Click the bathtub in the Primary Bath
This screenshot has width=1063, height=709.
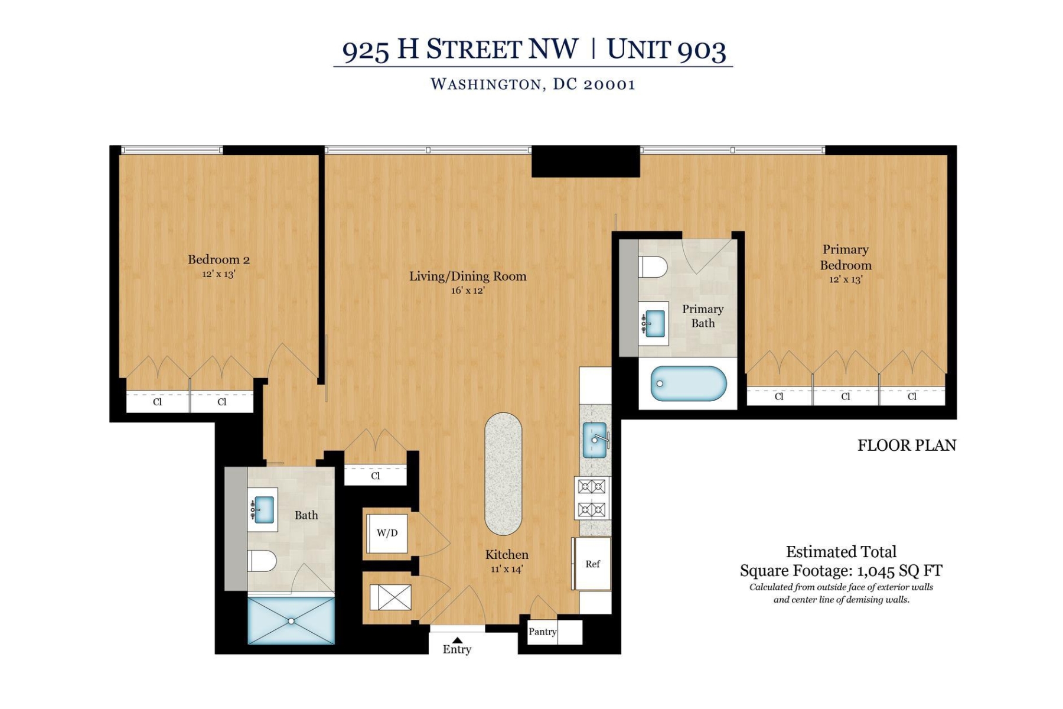tap(688, 383)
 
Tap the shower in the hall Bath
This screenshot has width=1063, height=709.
tap(291, 620)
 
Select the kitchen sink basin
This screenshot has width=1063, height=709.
tap(594, 440)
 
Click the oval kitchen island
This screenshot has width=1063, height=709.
tap(503, 474)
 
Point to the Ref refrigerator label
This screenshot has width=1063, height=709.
tap(592, 564)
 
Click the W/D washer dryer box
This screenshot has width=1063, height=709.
tap(387, 533)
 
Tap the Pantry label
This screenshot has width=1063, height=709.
tap(542, 632)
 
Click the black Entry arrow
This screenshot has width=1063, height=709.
tap(457, 640)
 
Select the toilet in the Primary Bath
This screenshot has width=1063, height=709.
tap(653, 267)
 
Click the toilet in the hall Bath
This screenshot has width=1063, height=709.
tap(262, 561)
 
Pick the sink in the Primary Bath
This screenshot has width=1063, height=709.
tap(654, 323)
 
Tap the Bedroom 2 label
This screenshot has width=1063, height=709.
tap(219, 259)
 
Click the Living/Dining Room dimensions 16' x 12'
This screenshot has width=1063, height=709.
tap(467, 291)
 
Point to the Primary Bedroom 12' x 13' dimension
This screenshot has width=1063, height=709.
tap(845, 279)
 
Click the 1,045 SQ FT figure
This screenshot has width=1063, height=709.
tap(899, 571)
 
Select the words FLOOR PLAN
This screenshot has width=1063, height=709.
tap(907, 445)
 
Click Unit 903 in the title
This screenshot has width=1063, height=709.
tap(666, 50)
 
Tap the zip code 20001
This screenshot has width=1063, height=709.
tap(609, 84)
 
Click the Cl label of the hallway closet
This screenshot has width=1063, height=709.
tap(376, 476)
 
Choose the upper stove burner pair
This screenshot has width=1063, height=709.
tap(592, 487)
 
